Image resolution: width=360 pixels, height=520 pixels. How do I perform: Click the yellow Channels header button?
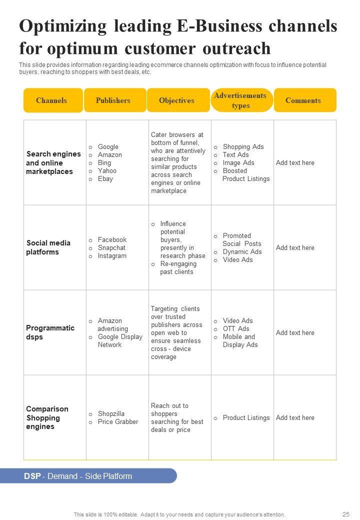[x=52, y=100]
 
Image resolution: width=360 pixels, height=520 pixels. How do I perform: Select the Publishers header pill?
[x=114, y=100]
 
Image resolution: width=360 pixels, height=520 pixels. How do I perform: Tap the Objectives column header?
[x=177, y=100]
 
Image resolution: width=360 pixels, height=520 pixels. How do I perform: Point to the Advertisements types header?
[x=241, y=100]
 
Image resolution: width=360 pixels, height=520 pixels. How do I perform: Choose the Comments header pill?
[x=303, y=100]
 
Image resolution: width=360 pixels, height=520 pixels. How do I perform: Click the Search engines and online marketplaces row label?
[x=53, y=163]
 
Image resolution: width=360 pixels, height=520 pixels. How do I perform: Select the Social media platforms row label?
[x=48, y=247]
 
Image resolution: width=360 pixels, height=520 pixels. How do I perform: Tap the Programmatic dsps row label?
[x=50, y=332]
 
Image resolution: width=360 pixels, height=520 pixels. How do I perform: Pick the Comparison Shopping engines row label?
[x=47, y=417]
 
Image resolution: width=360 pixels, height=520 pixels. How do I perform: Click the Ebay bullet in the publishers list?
[x=105, y=179]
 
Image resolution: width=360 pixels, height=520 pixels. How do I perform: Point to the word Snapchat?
[x=111, y=248]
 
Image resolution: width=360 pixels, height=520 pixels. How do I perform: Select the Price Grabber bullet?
[x=117, y=422]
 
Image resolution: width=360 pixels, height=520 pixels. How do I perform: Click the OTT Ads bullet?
[x=235, y=329]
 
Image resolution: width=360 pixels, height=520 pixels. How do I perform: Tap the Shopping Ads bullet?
[x=243, y=147]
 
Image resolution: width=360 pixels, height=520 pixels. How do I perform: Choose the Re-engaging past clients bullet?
[x=178, y=268]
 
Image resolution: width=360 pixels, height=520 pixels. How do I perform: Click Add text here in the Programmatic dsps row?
[x=295, y=333]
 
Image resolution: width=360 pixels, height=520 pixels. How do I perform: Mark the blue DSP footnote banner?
[x=100, y=476]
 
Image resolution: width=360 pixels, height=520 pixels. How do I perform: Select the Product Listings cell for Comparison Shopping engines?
[x=246, y=418]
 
